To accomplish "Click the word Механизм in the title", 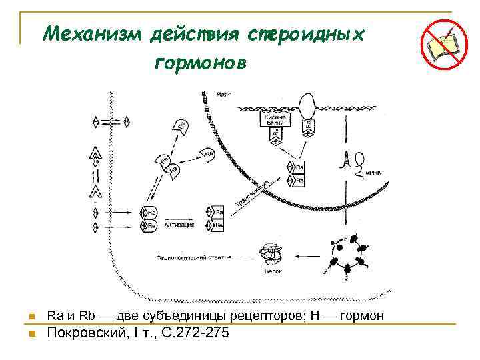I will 93,33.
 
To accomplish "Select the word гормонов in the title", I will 201,63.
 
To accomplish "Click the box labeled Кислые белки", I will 275,120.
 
